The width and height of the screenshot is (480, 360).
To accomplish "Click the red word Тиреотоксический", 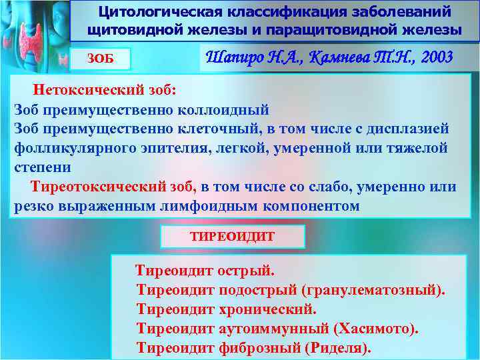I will [111, 187].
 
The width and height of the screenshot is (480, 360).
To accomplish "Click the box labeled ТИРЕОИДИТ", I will [233, 237].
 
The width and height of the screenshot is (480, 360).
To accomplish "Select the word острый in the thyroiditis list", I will [247, 271].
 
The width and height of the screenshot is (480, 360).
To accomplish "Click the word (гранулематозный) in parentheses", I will [373, 291].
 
